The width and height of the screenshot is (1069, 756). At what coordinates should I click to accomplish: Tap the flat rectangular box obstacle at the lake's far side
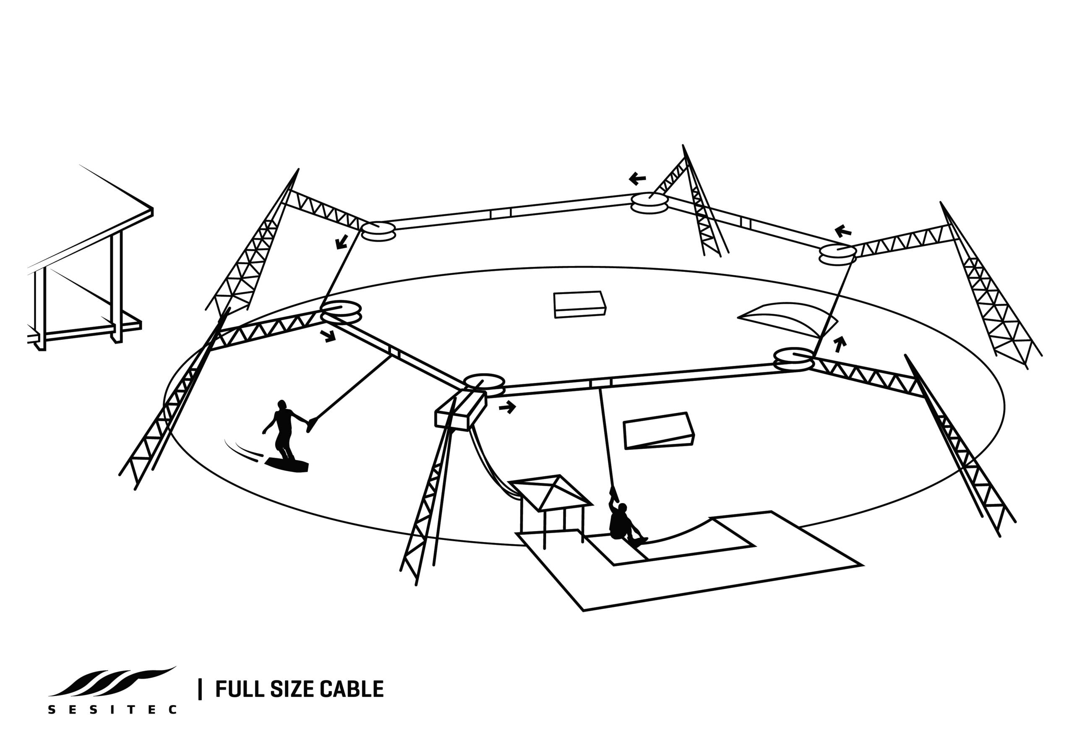coord(580,304)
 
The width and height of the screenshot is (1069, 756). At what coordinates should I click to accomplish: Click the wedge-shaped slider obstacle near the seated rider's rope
coord(659,430)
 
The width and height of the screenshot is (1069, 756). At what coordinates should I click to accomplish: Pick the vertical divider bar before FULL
coord(200,689)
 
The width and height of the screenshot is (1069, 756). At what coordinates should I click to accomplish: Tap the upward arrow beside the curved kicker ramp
coord(840,344)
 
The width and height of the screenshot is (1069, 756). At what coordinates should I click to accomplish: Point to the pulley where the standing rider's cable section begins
coord(341,311)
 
